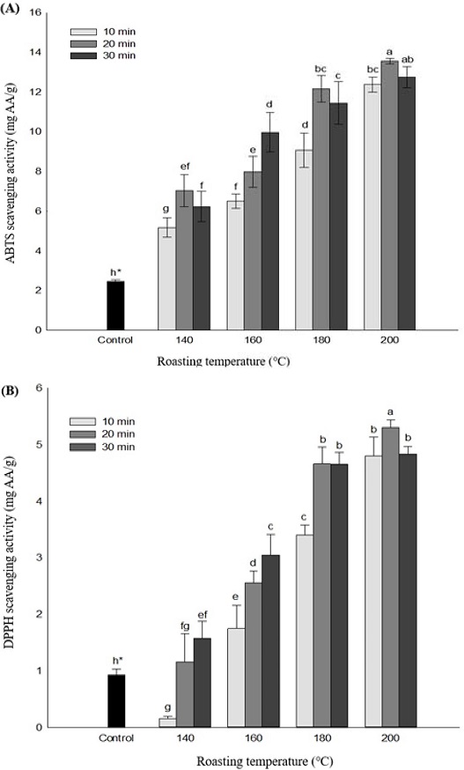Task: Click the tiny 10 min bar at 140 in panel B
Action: pos(166,722)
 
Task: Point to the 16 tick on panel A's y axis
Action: pos(37,12)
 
